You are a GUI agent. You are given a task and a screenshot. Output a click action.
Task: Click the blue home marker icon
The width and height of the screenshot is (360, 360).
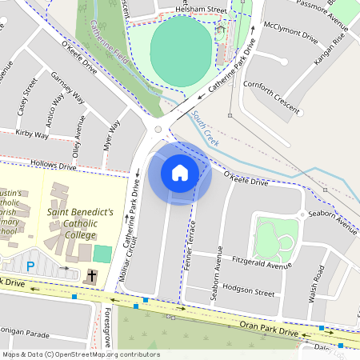point(180,173)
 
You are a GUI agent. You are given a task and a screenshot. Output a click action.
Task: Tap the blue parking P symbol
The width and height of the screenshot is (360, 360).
point(31,266)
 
